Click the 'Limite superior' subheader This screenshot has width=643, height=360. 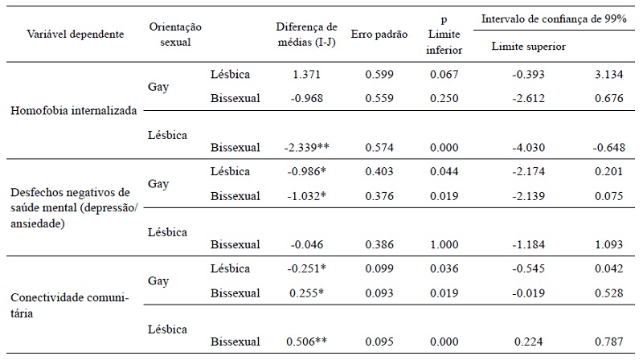click(528, 47)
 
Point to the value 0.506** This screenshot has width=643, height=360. click(305, 342)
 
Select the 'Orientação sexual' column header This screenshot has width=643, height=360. click(174, 35)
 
